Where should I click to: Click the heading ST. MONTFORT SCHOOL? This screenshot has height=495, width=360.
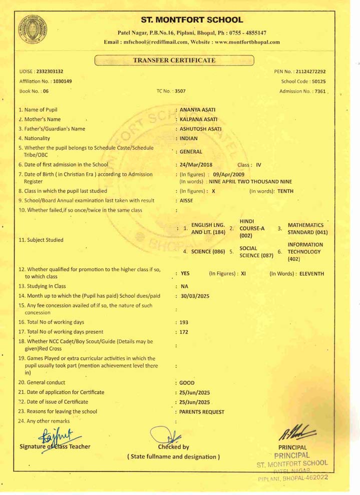[x=192, y=20]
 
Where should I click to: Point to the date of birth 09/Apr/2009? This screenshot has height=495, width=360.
[x=226, y=174]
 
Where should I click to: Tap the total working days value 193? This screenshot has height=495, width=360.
[x=184, y=322]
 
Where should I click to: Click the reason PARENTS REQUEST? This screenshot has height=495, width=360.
[x=202, y=412]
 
